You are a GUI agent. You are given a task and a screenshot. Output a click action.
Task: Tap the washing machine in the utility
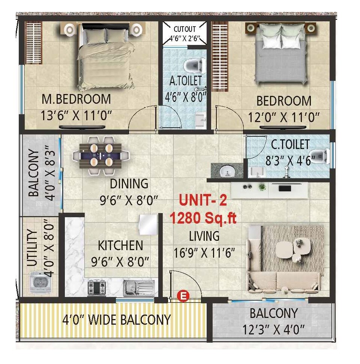point(39,282)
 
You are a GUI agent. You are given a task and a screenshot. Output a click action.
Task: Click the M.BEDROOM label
point(76,99)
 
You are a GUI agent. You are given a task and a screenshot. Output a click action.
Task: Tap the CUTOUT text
point(185,29)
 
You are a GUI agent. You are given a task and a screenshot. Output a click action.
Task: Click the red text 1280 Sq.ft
point(203,218)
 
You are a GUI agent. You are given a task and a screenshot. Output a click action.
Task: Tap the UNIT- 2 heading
point(203,201)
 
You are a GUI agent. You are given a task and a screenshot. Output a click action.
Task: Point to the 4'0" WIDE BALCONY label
point(116,319)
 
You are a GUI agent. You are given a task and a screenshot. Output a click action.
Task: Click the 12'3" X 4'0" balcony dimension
point(274,330)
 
